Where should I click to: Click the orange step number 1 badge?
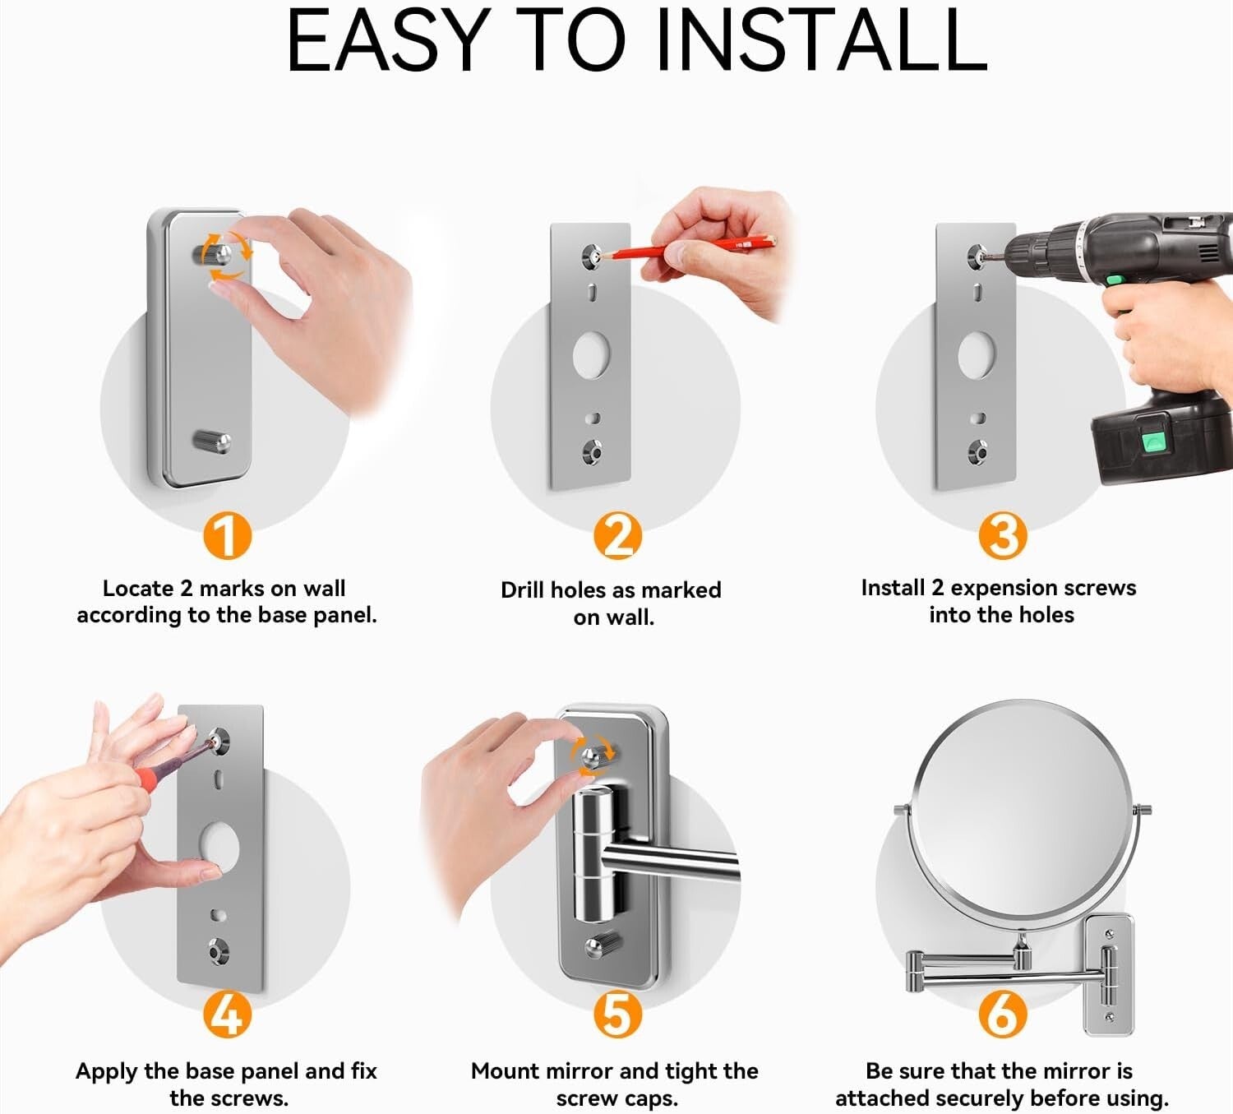[x=227, y=536]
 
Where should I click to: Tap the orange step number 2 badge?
[x=617, y=536]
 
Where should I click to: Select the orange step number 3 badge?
[x=1003, y=536]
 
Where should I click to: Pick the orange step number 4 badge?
[x=227, y=1015]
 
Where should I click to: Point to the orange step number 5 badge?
[x=617, y=1015]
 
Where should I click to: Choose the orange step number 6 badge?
[x=1003, y=1015]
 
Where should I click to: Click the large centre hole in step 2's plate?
[x=591, y=354]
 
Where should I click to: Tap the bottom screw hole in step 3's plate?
[x=977, y=452]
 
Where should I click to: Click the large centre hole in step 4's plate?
[x=218, y=847]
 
